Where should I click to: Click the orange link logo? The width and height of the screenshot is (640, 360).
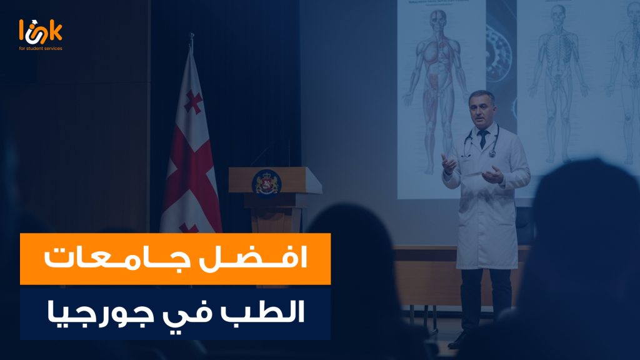[x=41, y=31]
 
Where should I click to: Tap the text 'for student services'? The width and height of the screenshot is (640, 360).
[x=41, y=48]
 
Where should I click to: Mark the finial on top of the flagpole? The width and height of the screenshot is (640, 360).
[x=191, y=39]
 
